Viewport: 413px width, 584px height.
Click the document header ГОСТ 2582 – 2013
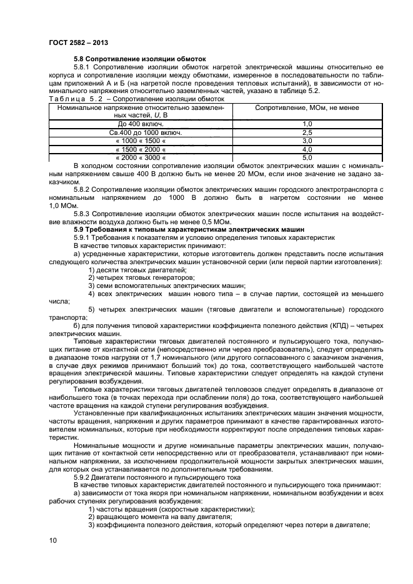[74, 43]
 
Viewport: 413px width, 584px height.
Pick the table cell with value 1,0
[289, 124]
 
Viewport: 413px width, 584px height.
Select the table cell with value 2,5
[289, 133]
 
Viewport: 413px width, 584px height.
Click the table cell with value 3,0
[289, 141]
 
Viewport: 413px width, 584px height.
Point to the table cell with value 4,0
[289, 150]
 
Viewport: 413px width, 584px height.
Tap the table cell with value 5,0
[289, 158]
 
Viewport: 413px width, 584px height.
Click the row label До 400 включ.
[141, 124]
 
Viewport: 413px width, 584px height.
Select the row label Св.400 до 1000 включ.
[141, 133]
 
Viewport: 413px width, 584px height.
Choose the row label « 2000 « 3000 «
[141, 158]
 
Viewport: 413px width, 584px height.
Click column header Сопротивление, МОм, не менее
[289, 107]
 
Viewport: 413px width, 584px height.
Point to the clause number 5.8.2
[82, 189]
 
